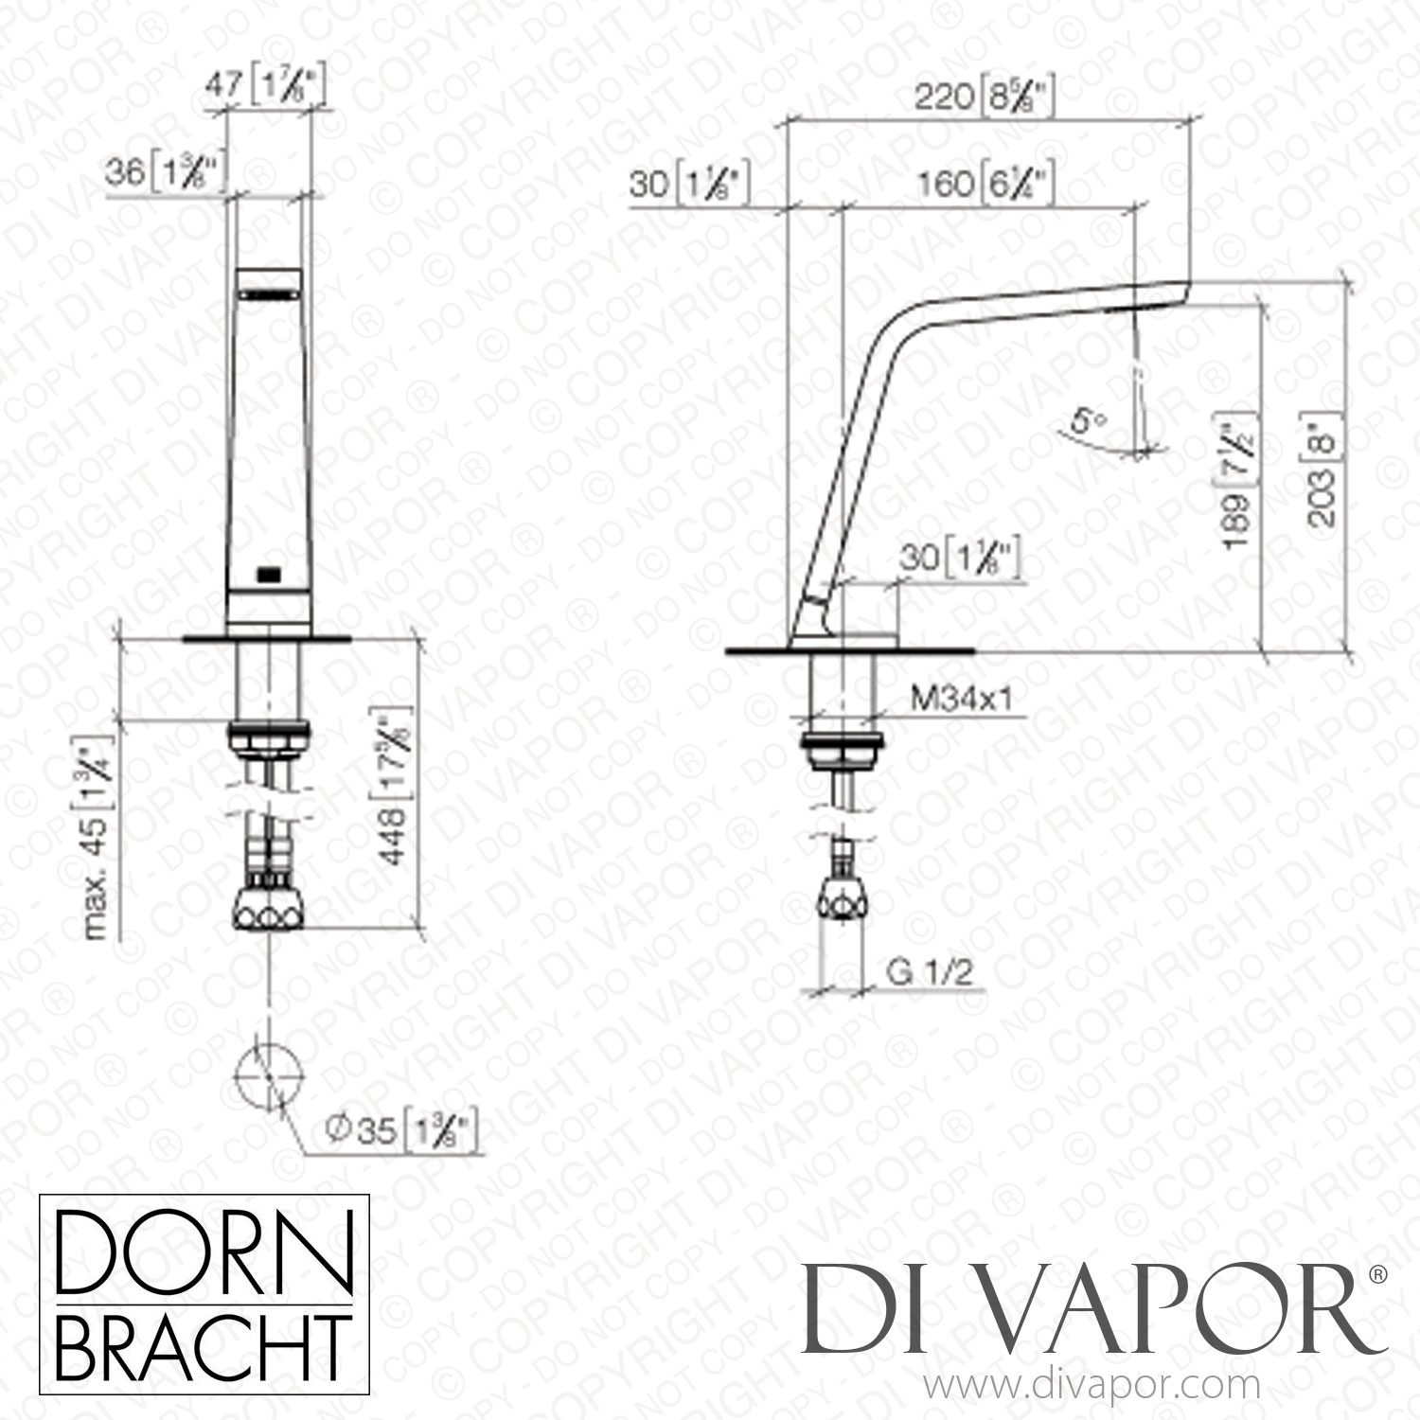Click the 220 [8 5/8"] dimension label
click(x=985, y=98)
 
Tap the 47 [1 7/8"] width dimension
click(x=270, y=88)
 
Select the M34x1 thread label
click(x=962, y=699)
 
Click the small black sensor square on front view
click(x=270, y=572)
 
